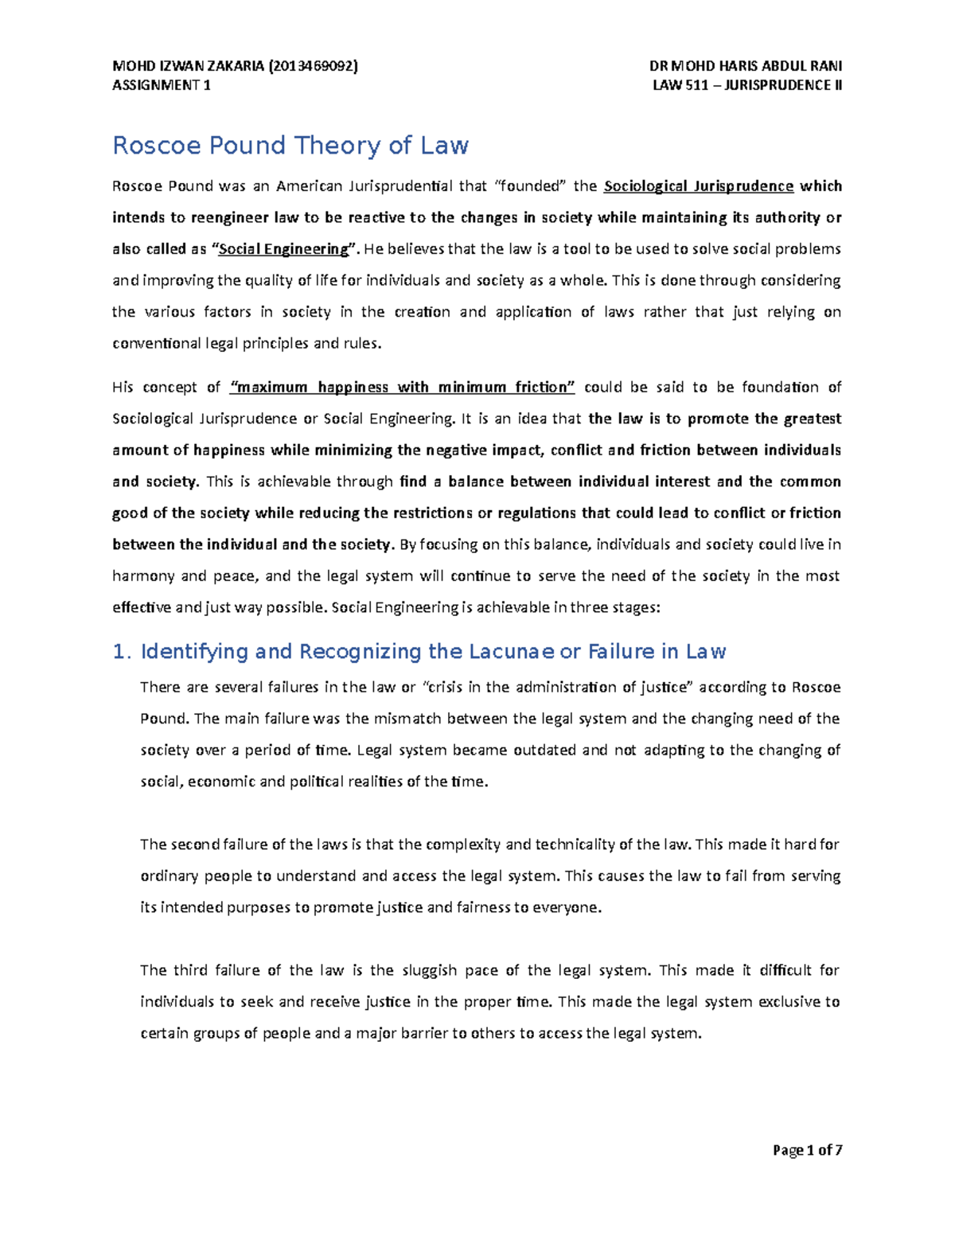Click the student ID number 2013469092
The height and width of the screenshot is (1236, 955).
pos(314,66)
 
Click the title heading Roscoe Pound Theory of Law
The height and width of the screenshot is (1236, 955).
pos(290,146)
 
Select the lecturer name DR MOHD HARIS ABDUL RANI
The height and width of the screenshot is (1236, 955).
pos(746,66)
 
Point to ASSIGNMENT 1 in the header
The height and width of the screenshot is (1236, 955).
pos(162,85)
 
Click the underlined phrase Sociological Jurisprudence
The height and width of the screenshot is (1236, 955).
pos(699,186)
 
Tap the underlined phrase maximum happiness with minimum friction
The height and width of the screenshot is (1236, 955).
pos(402,388)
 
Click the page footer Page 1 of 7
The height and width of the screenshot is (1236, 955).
pos(807,1150)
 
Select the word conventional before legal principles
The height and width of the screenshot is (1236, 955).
pos(156,344)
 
